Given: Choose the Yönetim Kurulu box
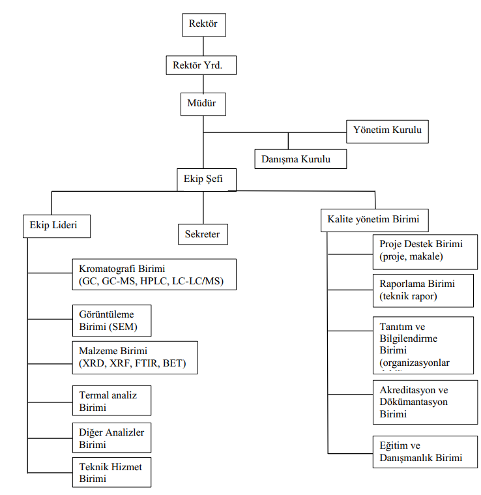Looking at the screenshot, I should tap(387, 131).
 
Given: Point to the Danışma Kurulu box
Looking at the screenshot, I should tap(300, 158).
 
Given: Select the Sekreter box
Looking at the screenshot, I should tap(203, 233).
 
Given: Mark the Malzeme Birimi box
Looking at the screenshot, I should tap(134, 357).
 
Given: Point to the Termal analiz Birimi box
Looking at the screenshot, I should tap(111, 400).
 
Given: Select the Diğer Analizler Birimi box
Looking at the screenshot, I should tap(111, 438).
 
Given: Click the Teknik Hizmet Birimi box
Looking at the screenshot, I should tap(111, 472).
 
